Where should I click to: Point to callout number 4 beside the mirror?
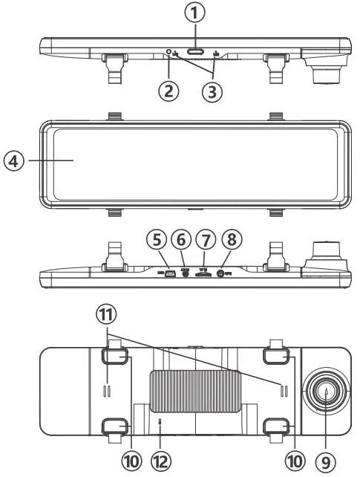(13, 161)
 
